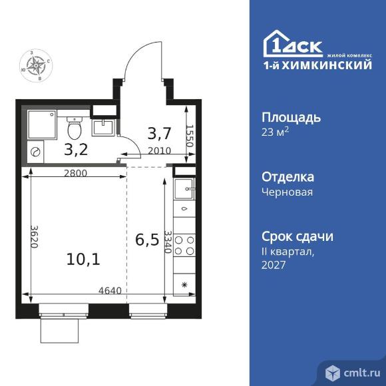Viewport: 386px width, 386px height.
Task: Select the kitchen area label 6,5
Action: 147,239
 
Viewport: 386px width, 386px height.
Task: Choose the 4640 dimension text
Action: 110,290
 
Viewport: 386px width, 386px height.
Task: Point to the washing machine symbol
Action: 36,152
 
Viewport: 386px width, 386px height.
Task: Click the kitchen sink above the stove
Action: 183,188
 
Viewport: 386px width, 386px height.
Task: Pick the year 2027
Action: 274,265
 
